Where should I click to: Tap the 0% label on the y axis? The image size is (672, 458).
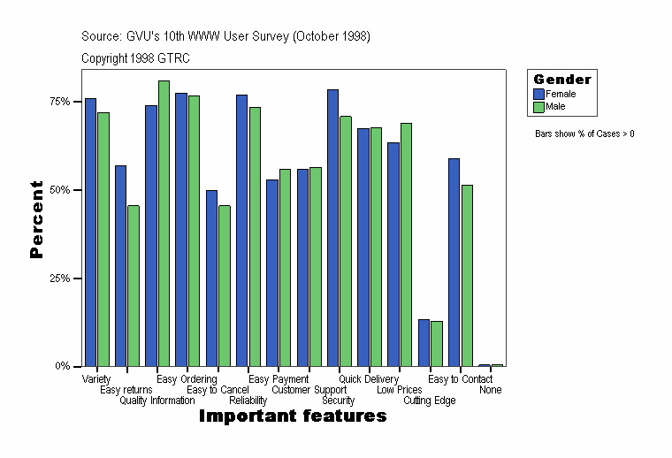click(64, 366)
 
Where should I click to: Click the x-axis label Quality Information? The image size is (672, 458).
click(157, 401)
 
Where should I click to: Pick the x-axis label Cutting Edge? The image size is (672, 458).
click(430, 401)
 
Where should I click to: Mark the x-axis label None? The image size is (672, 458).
click(491, 390)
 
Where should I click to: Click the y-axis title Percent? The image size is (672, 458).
click(36, 219)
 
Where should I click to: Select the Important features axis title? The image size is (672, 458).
click(293, 416)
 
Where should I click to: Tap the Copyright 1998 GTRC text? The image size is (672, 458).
click(135, 58)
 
